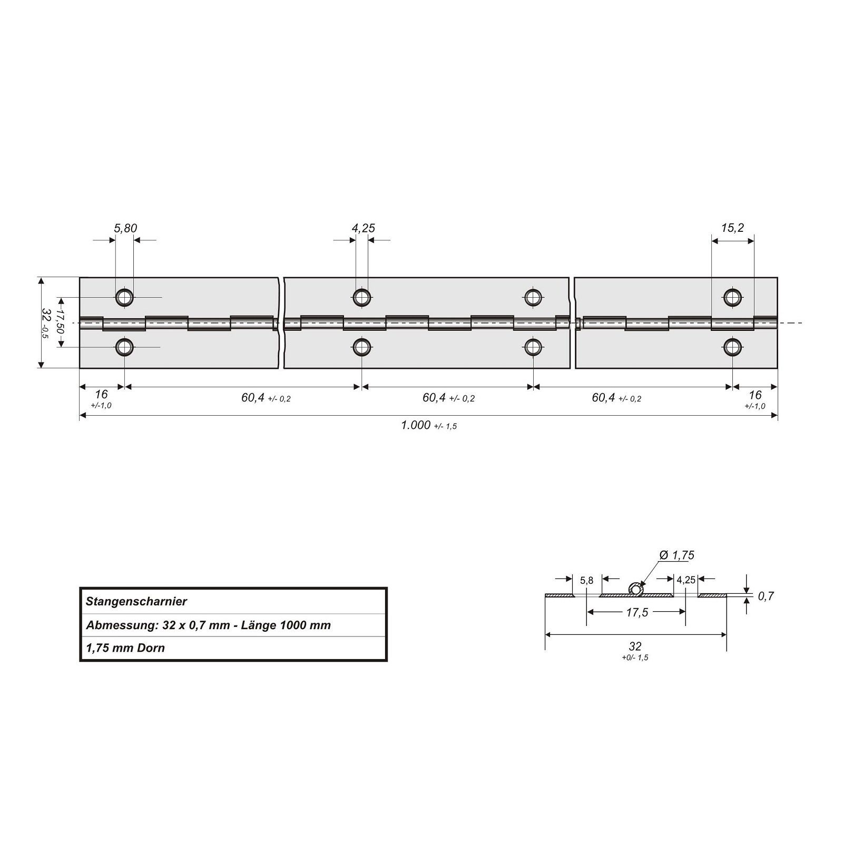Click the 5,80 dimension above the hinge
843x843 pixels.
pos(125,228)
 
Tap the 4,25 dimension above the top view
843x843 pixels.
pos(363,228)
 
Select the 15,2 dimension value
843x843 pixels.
pos(733,228)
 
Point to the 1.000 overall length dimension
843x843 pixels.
pos(416,425)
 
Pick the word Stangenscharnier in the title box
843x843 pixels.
pos(136,601)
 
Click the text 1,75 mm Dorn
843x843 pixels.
pos(125,648)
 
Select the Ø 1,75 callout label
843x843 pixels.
pos(677,555)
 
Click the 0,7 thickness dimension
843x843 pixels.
pos(766,596)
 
